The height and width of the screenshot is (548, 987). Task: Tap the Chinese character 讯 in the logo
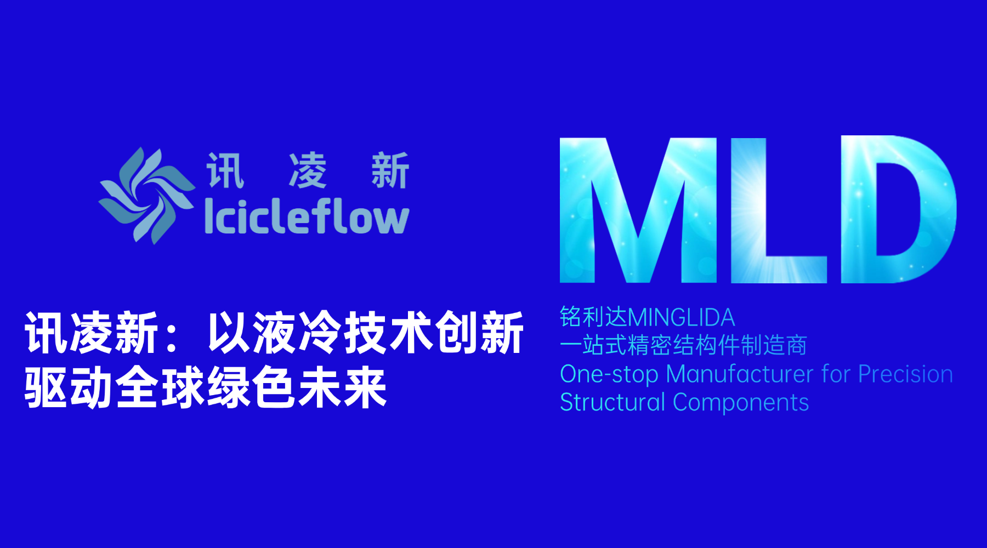(225, 170)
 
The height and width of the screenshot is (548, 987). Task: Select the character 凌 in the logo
(308, 170)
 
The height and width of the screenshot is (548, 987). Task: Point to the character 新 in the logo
(390, 170)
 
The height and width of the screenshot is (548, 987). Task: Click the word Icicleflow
(307, 216)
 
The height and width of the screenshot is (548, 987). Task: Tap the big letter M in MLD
(638, 210)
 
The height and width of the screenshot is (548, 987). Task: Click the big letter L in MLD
(779, 210)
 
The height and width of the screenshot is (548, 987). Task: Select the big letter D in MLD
(899, 209)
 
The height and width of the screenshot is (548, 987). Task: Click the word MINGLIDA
(681, 318)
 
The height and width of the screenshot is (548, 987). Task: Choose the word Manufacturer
(740, 374)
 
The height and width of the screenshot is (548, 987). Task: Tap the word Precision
(905, 374)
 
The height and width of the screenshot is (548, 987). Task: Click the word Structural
(612, 402)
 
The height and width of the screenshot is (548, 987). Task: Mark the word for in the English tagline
(836, 374)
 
